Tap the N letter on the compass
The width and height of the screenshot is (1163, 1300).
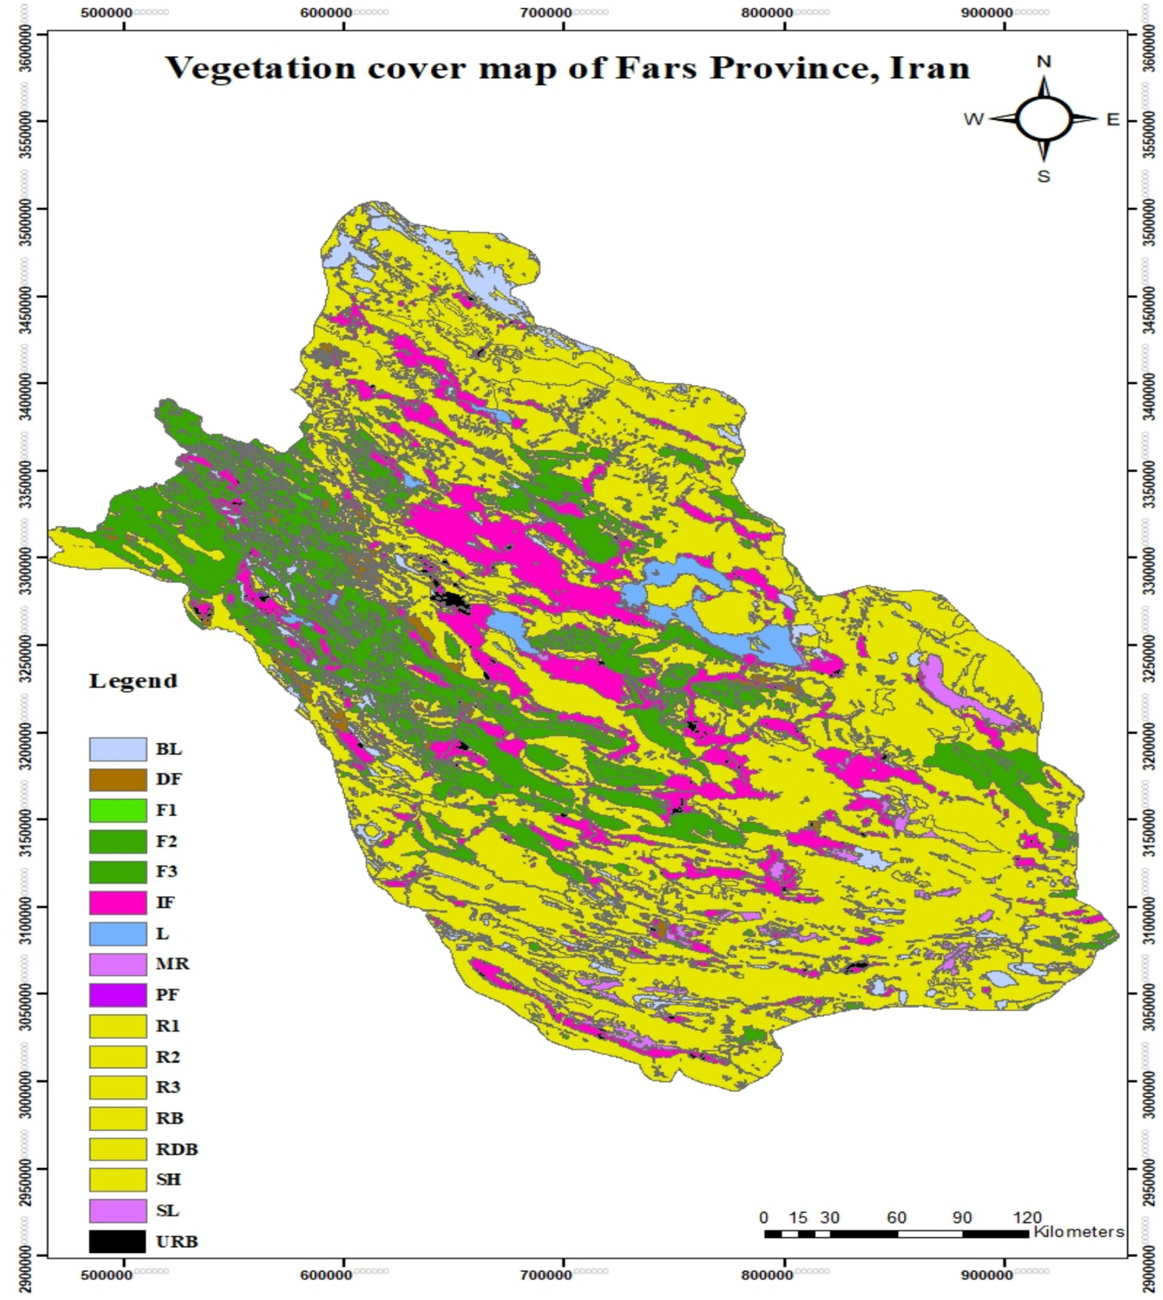click(1043, 61)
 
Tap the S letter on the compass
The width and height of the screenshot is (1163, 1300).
click(1043, 177)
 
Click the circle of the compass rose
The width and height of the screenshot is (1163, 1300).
click(1043, 119)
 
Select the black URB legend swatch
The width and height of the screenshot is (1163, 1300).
click(117, 1242)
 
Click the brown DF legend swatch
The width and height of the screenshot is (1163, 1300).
click(117, 779)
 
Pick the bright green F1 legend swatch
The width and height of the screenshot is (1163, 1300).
click(117, 810)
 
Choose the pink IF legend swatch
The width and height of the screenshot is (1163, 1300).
click(117, 903)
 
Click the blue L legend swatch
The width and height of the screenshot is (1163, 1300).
click(117, 934)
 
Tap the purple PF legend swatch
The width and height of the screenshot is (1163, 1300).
click(117, 995)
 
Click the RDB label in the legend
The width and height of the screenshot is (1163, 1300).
click(177, 1149)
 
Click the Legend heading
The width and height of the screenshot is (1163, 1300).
click(133, 681)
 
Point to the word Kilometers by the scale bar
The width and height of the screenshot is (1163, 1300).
click(1078, 1232)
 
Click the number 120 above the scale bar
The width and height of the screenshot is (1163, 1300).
click(1027, 1217)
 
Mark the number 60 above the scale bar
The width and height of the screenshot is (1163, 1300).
click(896, 1217)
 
